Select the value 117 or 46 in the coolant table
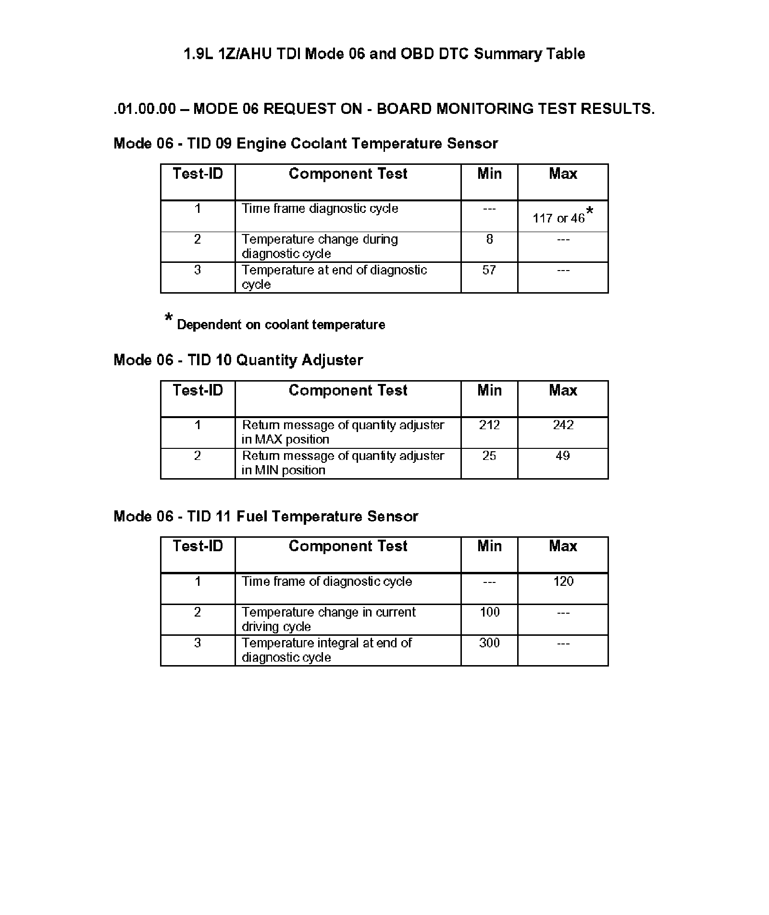click(558, 218)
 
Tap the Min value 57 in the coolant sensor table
click(489, 270)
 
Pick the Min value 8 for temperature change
click(489, 239)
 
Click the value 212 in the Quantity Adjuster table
click(489, 425)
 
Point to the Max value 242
click(563, 425)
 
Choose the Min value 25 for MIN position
click(489, 456)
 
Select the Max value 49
click(562, 456)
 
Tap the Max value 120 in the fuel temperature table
click(563, 581)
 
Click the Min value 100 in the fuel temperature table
click(489, 612)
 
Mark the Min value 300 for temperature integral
click(489, 643)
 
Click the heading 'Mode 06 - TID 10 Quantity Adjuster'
click(238, 360)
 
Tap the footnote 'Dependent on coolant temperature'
click(281, 325)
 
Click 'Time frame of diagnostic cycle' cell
click(327, 581)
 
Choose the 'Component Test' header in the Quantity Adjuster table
click(348, 390)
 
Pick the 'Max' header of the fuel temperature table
click(563, 546)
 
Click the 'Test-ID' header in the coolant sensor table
click(198, 173)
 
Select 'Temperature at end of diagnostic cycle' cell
click(334, 277)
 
